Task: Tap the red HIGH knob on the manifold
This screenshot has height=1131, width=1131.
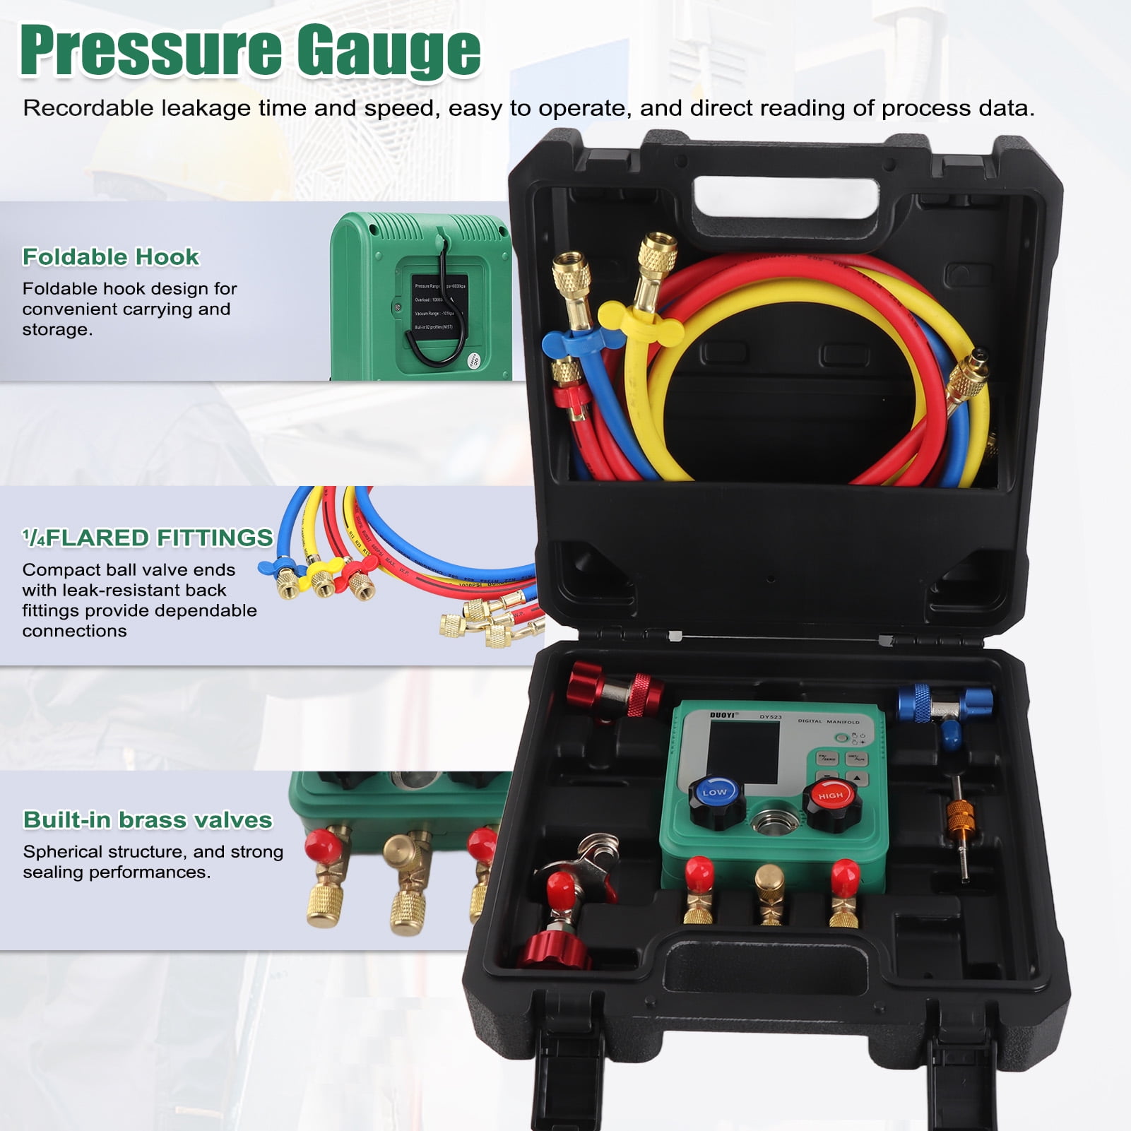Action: [830, 796]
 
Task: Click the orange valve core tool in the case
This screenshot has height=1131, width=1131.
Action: [959, 812]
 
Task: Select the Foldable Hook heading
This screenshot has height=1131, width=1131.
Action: [111, 256]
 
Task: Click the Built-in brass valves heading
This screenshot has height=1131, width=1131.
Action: [148, 819]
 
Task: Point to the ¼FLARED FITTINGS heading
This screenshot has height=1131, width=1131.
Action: [148, 538]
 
